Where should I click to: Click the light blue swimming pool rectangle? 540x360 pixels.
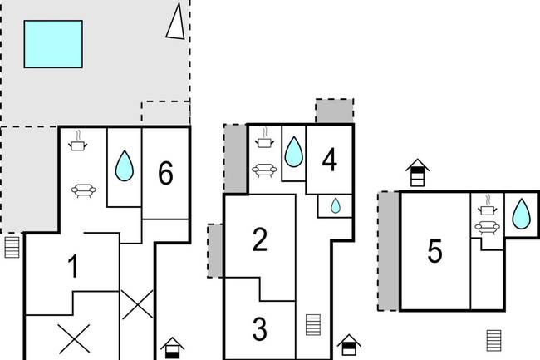[x=53, y=44]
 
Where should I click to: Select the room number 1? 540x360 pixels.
[x=73, y=266]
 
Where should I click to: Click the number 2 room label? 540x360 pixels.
[x=260, y=240]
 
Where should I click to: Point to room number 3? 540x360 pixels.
[x=260, y=329]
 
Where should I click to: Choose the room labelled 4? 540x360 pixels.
[x=329, y=160]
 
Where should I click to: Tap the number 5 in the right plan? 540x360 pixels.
[x=434, y=251]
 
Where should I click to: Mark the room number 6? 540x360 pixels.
[x=165, y=173]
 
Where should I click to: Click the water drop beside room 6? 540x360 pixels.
[x=125, y=165]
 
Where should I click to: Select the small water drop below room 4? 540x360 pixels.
[x=336, y=205]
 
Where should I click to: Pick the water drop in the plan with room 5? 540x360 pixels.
[x=522, y=214]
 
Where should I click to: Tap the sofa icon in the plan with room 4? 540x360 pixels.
[x=264, y=170]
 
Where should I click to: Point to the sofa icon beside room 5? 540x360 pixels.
[x=487, y=228]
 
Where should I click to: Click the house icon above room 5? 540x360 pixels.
[x=417, y=173]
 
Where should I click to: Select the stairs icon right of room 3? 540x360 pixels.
[x=313, y=325]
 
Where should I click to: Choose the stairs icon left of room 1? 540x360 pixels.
[x=12, y=247]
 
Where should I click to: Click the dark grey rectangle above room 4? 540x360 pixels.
[x=335, y=111]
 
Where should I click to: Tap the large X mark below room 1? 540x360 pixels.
[x=74, y=339]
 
